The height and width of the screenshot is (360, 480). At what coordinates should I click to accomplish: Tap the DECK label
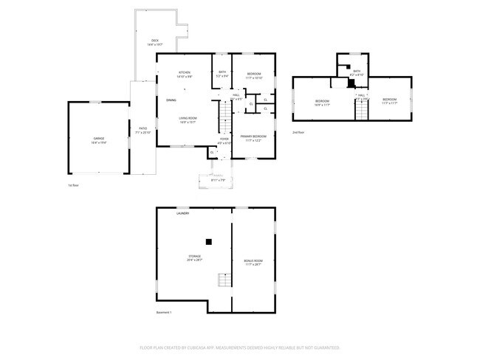[x=155, y=41]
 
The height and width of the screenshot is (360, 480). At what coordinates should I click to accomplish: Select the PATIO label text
[x=143, y=128]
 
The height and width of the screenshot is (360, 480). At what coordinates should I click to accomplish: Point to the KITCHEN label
[x=184, y=72]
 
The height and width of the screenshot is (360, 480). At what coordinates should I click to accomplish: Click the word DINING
[x=171, y=100]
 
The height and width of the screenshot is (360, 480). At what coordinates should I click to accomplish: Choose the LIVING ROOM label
[x=188, y=118]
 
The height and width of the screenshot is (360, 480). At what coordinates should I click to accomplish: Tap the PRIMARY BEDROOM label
[x=253, y=136]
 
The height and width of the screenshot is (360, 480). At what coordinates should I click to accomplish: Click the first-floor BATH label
[x=222, y=72]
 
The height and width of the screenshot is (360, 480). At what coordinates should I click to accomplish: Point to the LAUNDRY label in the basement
[x=182, y=214]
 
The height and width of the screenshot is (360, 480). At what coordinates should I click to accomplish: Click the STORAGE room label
[x=194, y=256]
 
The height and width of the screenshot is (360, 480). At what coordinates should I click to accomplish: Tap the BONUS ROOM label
[x=253, y=260]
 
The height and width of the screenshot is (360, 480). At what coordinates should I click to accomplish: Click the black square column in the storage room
[x=209, y=240]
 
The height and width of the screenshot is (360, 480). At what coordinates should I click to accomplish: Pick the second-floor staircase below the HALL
[x=362, y=110]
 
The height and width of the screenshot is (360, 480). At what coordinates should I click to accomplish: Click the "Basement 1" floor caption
[x=164, y=312]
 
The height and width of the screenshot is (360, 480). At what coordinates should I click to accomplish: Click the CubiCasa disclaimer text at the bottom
[x=239, y=347]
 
